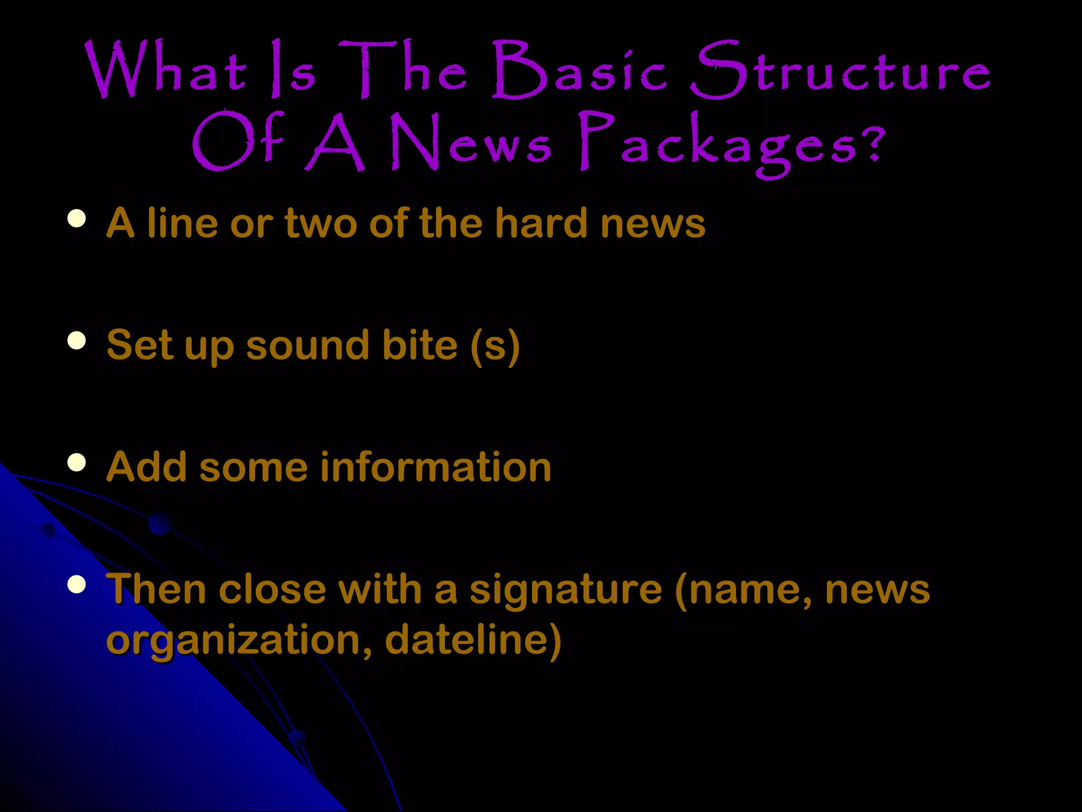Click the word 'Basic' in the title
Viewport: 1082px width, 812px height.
coord(579,71)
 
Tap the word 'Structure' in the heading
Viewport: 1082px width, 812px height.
coord(840,71)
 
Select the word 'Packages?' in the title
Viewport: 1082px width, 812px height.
coord(732,144)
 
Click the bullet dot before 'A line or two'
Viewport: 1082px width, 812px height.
coord(77,218)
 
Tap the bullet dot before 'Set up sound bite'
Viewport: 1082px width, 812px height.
coord(77,340)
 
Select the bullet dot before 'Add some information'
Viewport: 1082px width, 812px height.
coord(77,463)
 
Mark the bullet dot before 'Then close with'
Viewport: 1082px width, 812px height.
coord(77,585)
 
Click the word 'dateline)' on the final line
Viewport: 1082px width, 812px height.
coord(473,640)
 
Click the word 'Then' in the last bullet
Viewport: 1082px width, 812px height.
coord(156,589)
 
